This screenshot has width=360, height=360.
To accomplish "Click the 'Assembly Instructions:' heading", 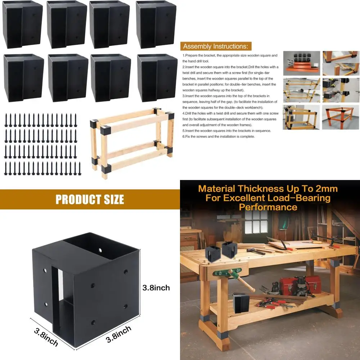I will [215, 46].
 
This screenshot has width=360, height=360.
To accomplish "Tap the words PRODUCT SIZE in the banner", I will [90, 199].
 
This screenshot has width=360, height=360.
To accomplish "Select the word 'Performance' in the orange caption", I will [268, 207].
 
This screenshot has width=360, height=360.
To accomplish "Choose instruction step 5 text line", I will [227, 131].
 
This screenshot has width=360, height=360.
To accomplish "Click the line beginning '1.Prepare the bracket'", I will [230, 55].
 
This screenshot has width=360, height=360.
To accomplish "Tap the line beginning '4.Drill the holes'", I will [230, 113].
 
